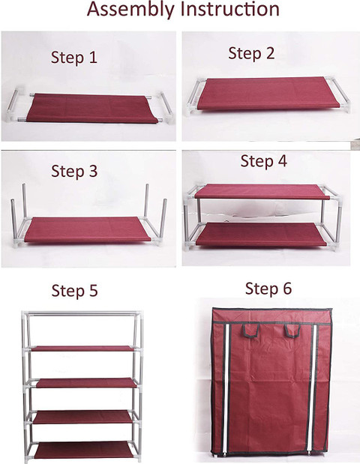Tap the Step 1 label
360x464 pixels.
(74, 57)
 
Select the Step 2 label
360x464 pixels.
(251, 54)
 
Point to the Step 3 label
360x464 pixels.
(74, 172)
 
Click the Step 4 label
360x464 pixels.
(263, 162)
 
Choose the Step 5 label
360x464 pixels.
(74, 291)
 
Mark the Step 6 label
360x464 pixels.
(268, 289)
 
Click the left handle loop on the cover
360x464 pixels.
(250, 331)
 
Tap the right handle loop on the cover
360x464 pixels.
(292, 331)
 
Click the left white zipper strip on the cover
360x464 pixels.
(226, 388)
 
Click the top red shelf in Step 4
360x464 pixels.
(262, 191)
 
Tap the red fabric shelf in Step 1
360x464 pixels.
(92, 108)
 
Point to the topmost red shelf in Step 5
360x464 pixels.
(83, 349)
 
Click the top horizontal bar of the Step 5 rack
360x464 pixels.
(82, 313)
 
